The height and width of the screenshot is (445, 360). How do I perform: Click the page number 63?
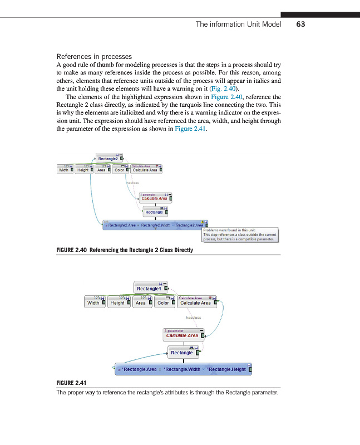pos(300,24)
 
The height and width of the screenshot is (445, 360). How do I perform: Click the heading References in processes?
pos(94,57)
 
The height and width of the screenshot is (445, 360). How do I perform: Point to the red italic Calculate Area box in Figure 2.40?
pos(155,198)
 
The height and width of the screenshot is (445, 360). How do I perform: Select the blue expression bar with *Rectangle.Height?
pos(183,369)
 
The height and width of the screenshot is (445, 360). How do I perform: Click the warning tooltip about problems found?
pos(232,235)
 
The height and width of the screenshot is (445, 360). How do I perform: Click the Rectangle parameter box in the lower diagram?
pos(183,352)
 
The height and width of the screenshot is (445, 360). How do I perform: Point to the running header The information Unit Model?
pos(238,24)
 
